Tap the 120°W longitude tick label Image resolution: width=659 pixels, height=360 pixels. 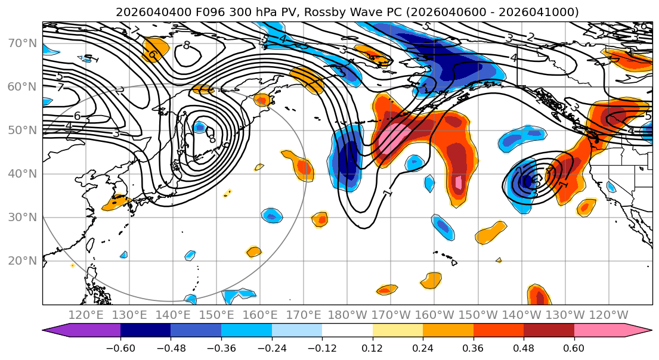click(609, 315)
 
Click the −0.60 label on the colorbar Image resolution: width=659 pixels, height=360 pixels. click(120, 347)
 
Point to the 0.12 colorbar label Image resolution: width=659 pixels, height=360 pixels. click(372, 347)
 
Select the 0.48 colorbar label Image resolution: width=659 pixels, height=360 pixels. click(524, 347)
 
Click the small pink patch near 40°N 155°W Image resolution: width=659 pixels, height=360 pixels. click(458, 182)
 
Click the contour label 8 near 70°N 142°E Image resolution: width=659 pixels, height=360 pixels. click(187, 45)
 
